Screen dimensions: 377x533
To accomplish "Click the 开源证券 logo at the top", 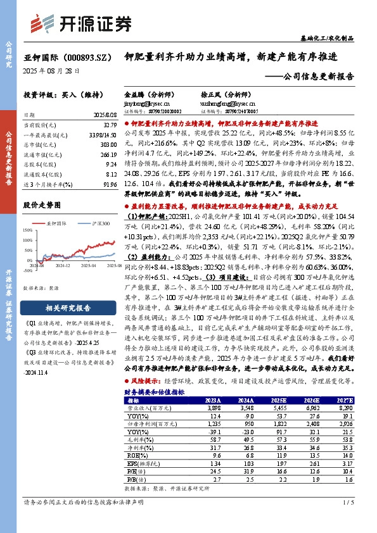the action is [82, 23].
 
